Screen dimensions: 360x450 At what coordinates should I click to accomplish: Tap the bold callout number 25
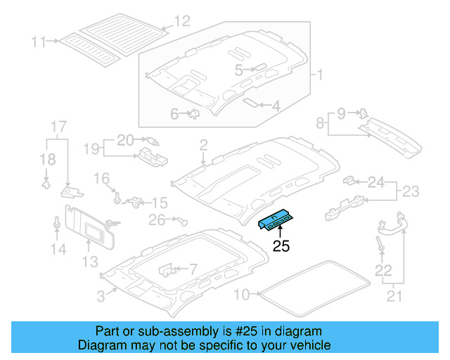click(281, 246)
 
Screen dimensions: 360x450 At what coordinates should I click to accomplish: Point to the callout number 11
click(38, 41)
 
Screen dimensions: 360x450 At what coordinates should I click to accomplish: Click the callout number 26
click(156, 220)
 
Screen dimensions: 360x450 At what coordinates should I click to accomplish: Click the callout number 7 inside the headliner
click(193, 269)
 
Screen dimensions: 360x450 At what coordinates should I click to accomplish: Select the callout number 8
click(321, 124)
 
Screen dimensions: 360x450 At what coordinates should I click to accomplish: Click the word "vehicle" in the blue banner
click(311, 345)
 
